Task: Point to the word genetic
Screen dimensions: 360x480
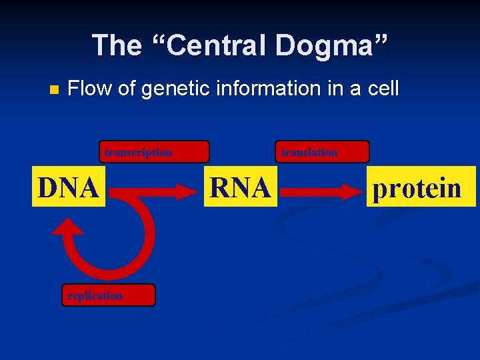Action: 169,89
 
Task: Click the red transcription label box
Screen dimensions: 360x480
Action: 154,152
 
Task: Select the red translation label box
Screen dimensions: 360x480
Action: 322,152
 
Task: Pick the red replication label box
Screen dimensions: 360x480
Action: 108,295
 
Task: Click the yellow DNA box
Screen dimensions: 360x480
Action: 69,187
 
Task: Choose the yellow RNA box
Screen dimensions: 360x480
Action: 240,187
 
